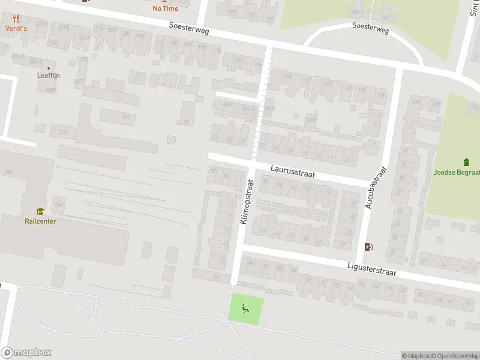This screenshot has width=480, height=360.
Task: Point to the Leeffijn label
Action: pyautogui.click(x=49, y=76)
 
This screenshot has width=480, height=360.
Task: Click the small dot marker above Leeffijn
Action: pyautogui.click(x=48, y=67)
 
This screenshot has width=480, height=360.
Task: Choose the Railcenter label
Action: pyautogui.click(x=41, y=221)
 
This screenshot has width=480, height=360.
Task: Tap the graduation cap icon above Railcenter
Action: pyautogui.click(x=40, y=211)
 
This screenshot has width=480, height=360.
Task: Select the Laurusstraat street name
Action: pyautogui.click(x=292, y=172)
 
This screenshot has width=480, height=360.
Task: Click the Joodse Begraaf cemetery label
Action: pyautogui.click(x=457, y=172)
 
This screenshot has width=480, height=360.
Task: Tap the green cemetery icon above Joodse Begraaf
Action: pyautogui.click(x=467, y=162)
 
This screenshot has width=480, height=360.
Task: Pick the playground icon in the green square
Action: pyautogui.click(x=245, y=309)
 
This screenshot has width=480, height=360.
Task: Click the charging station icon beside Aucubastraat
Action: pyautogui.click(x=368, y=247)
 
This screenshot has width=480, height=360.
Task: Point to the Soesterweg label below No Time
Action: pyautogui.click(x=189, y=28)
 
